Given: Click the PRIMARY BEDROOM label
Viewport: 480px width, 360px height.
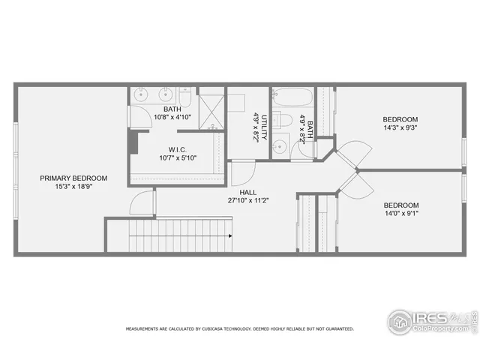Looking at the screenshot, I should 73,178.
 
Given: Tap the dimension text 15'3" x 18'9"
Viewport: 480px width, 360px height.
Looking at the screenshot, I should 73,186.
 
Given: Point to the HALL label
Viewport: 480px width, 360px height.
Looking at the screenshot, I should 248,193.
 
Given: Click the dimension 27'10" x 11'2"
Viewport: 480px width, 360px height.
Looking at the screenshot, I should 248,201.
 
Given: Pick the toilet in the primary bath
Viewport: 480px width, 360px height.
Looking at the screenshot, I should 184,97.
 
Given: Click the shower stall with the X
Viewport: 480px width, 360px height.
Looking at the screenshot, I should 212,108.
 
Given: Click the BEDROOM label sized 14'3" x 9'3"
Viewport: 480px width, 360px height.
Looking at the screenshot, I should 400,119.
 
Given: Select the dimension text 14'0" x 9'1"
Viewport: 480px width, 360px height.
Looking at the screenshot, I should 400,214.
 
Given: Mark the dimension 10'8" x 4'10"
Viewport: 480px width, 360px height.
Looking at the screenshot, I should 172,117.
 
